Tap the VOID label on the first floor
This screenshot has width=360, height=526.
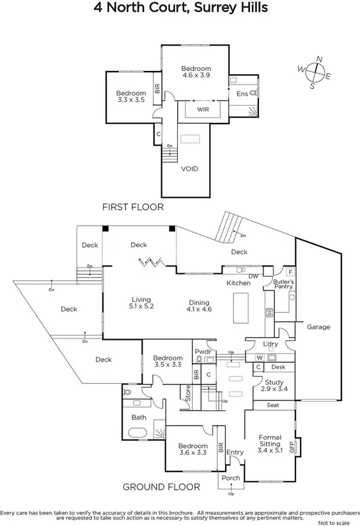pos(189,169)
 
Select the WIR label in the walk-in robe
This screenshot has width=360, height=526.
pos(203,109)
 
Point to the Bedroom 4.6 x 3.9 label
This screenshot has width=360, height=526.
pos(195,72)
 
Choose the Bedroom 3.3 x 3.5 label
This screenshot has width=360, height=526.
pos(131,97)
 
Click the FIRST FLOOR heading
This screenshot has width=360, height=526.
pos(133,207)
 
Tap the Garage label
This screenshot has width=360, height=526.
pos(318,327)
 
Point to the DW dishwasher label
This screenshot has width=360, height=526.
pos(253,276)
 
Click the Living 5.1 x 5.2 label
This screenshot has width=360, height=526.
pos(141,303)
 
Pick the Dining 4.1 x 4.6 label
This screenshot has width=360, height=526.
pos(200,306)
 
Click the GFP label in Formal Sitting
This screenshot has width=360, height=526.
pos(292,447)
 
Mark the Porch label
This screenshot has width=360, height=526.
pos(230,477)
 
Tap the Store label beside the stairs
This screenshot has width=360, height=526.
pos(188,392)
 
